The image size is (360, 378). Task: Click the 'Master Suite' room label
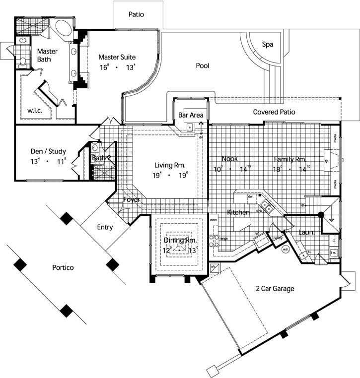pyautogui.click(x=117, y=57)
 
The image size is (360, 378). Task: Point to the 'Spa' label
pyautogui.click(x=268, y=45)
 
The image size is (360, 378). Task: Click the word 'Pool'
pyautogui.click(x=203, y=65)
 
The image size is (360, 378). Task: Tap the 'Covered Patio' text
pyautogui.click(x=274, y=112)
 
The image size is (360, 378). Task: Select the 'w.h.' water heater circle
pyautogui.click(x=286, y=250)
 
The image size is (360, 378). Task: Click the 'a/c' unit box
pyautogui.click(x=215, y=267)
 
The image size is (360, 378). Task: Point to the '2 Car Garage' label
pyautogui.click(x=275, y=289)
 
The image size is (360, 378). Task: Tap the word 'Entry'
pyautogui.click(x=105, y=228)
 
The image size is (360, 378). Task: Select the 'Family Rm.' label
pyautogui.click(x=290, y=159)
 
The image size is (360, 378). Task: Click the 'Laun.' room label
pyautogui.click(x=305, y=232)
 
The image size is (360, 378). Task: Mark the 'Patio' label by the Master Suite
pyautogui.click(x=137, y=14)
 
